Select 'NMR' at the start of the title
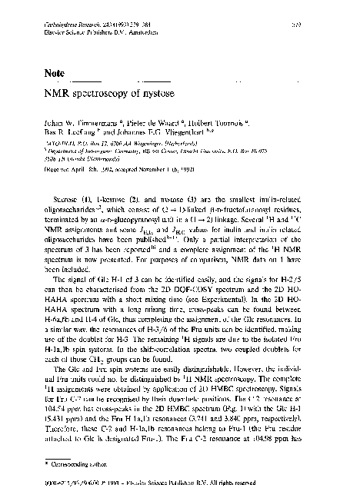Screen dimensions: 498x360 point(48,98)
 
